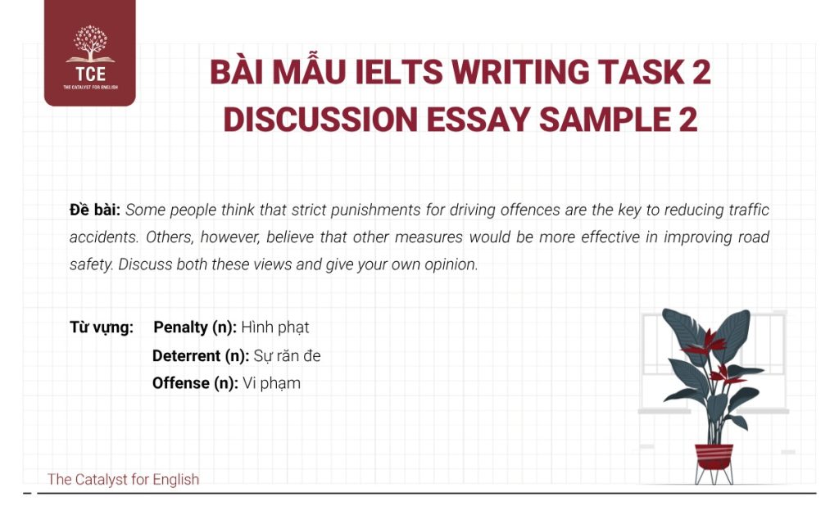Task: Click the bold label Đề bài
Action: [x=95, y=210]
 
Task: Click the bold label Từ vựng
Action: [x=102, y=327]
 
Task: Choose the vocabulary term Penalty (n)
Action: [x=195, y=327]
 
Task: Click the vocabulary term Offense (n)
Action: [x=195, y=382]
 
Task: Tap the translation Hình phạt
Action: [x=275, y=327]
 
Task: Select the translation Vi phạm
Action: [x=272, y=382]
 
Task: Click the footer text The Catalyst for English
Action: [x=123, y=479]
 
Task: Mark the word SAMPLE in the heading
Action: [x=607, y=120]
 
